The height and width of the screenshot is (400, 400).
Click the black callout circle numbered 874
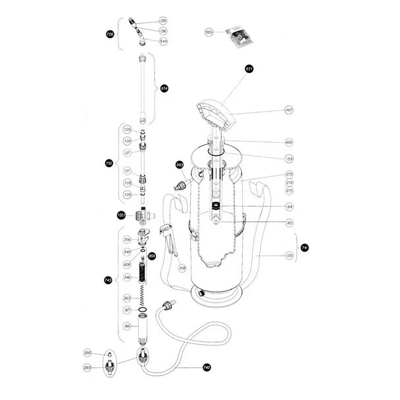[x=164, y=88]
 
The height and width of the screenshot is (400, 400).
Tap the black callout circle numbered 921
[x=249, y=69]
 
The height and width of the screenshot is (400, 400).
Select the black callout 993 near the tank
[x=179, y=164]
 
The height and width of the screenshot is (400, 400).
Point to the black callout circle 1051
[x=121, y=215]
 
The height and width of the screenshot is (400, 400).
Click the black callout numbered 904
[x=152, y=256]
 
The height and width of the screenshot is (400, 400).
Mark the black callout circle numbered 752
[x=109, y=162]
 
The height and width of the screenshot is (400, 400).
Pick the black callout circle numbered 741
[x=305, y=247]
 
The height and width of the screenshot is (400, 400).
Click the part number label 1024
[x=210, y=31]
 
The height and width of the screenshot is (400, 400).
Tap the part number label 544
[x=163, y=41]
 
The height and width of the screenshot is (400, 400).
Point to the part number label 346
[x=128, y=278]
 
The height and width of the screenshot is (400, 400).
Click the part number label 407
[x=289, y=110]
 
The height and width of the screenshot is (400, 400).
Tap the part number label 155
[x=289, y=255]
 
